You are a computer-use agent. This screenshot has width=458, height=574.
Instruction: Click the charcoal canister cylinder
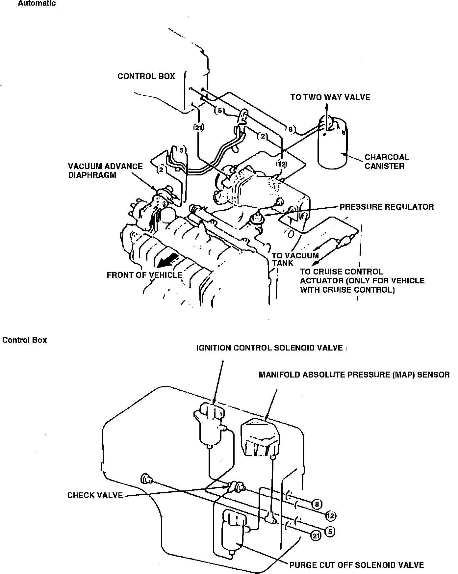332,148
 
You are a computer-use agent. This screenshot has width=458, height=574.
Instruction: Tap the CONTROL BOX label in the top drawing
146,76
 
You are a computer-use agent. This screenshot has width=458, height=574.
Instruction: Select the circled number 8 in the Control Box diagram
317,504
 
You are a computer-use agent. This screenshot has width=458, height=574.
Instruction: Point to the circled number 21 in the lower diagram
316,536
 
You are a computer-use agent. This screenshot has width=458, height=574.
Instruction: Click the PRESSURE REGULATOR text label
387,207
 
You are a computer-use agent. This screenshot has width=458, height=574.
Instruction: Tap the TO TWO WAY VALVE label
330,97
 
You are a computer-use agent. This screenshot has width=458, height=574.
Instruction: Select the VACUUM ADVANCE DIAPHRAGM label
105,170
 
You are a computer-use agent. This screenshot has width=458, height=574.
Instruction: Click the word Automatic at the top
37,4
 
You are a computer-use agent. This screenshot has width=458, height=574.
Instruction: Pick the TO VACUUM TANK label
295,259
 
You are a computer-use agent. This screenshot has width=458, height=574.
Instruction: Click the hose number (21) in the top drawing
198,128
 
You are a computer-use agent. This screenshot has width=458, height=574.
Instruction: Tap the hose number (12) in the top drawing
282,164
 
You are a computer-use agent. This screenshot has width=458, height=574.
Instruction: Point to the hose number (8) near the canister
291,130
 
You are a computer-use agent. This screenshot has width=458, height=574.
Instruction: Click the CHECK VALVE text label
95,495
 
